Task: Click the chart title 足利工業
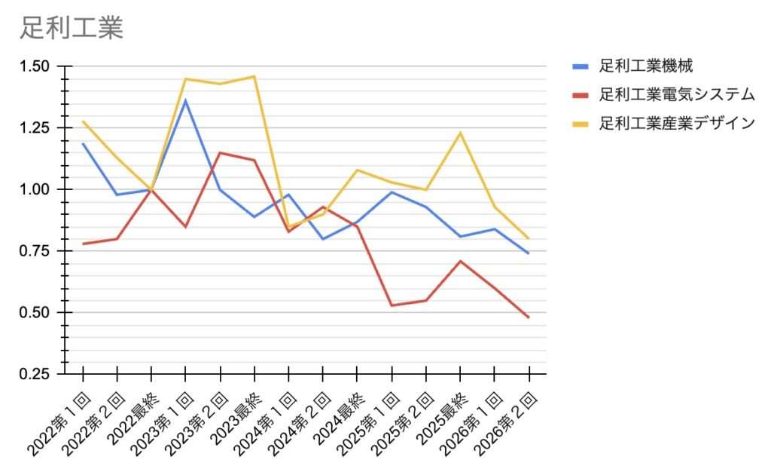(x=72, y=28)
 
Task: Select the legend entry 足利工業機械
(x=651, y=66)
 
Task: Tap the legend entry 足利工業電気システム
(x=676, y=95)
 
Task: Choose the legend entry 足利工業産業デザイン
(x=676, y=123)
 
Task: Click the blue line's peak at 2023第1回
(x=185, y=100)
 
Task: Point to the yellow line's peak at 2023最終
(x=254, y=76)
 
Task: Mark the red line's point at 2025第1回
(x=392, y=305)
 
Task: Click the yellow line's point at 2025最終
(x=460, y=133)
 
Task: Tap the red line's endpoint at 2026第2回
(x=529, y=317)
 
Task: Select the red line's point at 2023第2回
(x=220, y=153)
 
